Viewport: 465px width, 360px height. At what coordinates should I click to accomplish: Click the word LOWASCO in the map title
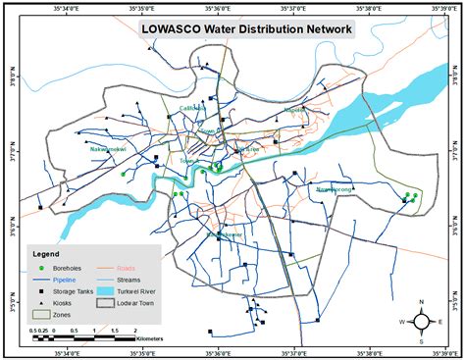tap(174, 28)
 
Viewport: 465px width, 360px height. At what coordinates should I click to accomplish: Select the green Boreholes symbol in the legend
tap(41, 268)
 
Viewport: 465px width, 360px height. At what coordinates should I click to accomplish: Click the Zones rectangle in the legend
tap(41, 316)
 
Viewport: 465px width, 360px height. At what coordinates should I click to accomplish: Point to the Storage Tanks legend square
tap(41, 292)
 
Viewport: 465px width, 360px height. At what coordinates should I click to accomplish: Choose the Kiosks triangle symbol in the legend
tap(41, 304)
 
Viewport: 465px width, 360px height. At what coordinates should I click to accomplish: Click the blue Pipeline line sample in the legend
tap(41, 280)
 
